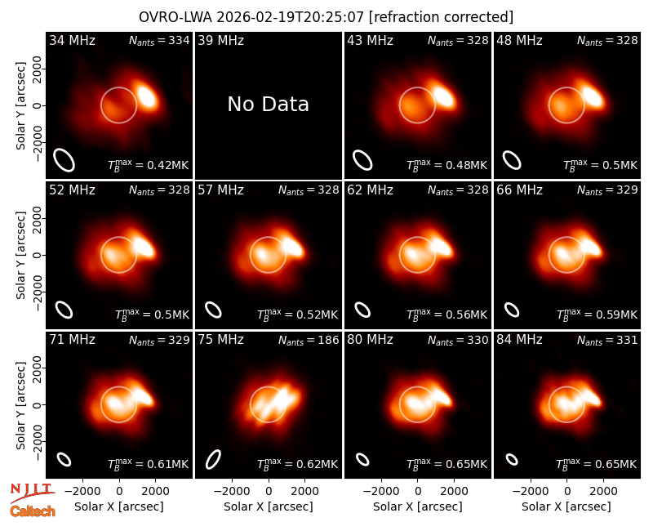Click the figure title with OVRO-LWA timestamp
click(326, 17)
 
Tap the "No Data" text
click(269, 105)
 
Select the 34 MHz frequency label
click(72, 40)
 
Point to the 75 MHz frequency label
click(220, 340)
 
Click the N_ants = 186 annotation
click(309, 341)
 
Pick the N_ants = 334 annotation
click(159, 41)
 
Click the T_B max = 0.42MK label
click(149, 165)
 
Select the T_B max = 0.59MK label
click(597, 315)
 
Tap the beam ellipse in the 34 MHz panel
click(64, 160)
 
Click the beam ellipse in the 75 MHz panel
click(213, 460)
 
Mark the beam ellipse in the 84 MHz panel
click(512, 459)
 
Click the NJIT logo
click(32, 492)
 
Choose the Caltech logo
click(33, 511)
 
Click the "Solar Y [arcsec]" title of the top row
click(20, 106)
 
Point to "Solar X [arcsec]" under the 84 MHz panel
click(566, 506)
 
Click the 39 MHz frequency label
click(220, 40)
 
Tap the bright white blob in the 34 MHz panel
click(147, 96)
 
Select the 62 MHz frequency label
click(370, 190)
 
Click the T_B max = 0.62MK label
click(297, 464)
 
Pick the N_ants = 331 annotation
click(607, 341)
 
